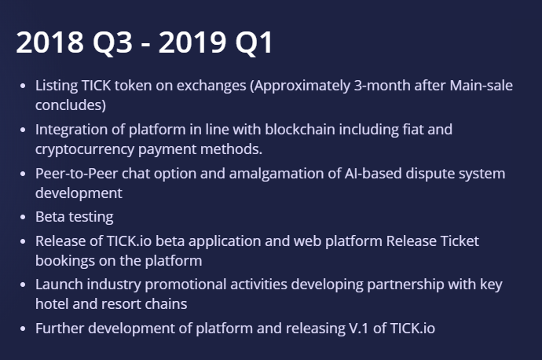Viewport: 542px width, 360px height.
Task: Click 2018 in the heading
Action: click(50, 42)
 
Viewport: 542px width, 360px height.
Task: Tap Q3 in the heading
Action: click(112, 43)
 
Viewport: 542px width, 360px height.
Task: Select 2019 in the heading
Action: click(192, 42)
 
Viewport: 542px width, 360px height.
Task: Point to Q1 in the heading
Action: click(254, 43)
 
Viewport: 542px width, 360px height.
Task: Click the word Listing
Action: click(57, 86)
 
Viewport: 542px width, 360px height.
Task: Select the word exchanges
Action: click(211, 86)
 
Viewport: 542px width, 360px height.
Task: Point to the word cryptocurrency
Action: click(85, 149)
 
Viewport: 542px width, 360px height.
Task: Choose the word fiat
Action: click(413, 130)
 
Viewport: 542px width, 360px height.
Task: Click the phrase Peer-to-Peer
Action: click(77, 173)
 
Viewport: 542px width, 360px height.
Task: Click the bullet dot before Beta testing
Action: click(23, 217)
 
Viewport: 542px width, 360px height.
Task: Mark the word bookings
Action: click(65, 261)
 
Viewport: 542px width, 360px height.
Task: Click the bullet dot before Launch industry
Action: click(23, 285)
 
